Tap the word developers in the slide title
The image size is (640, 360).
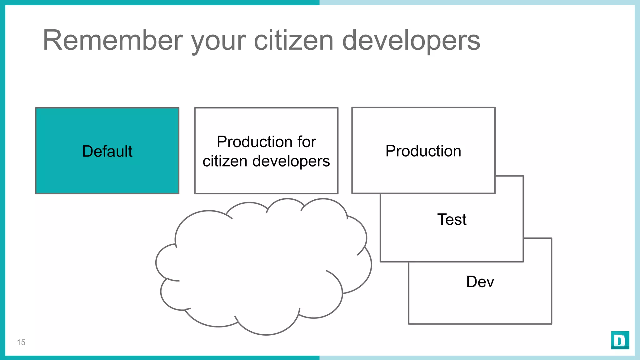click(x=411, y=41)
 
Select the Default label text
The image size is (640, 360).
click(x=107, y=151)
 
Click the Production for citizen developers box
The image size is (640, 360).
click(x=266, y=181)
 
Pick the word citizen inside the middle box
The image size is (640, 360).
click(x=225, y=161)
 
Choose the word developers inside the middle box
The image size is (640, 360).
click(x=291, y=161)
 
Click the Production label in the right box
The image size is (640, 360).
click(x=423, y=151)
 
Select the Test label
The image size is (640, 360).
click(x=452, y=219)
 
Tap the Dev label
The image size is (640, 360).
click(x=480, y=282)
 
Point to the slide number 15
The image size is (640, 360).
click(x=21, y=342)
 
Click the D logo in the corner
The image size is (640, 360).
click(x=620, y=340)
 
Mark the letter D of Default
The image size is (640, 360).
click(x=87, y=151)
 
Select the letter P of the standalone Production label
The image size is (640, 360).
click(x=391, y=151)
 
